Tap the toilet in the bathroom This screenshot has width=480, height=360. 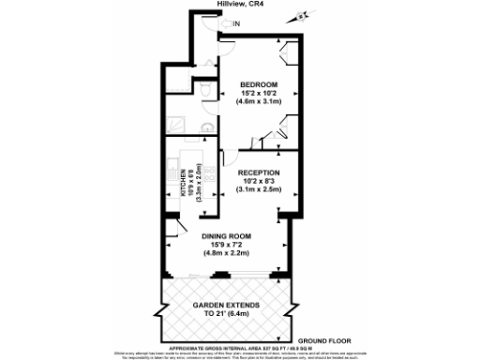[x=205, y=91]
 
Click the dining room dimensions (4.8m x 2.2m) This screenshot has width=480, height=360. [x=230, y=253]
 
